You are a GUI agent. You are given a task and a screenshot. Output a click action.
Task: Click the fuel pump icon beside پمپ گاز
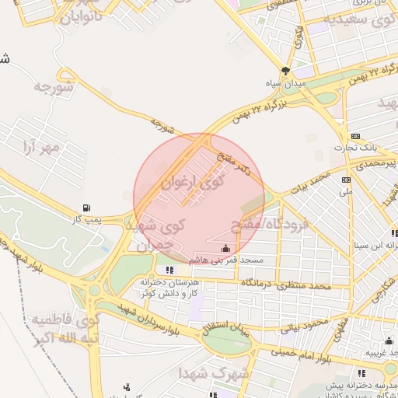point(86,208)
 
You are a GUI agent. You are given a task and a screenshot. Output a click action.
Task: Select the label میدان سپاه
point(295,82)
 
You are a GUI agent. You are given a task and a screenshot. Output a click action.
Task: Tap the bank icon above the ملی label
point(346,180)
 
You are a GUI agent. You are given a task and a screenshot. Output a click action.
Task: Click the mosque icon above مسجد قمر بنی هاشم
point(225,249)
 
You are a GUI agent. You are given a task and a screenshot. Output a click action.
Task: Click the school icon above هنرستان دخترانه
point(169,271)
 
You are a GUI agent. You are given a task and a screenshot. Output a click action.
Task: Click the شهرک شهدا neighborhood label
point(201,374)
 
